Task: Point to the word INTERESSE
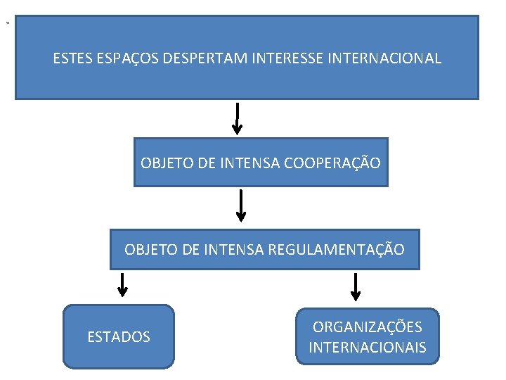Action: (284, 58)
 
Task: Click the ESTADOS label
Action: (119, 337)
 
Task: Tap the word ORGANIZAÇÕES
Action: (368, 327)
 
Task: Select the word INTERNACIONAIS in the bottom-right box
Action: (368, 348)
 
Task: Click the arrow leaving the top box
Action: (238, 118)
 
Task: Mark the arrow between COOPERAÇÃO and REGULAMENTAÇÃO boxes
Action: (242, 205)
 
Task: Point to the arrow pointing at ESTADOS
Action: (122, 284)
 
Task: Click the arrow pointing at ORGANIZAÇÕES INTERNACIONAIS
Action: (356, 286)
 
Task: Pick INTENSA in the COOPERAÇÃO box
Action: (250, 163)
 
